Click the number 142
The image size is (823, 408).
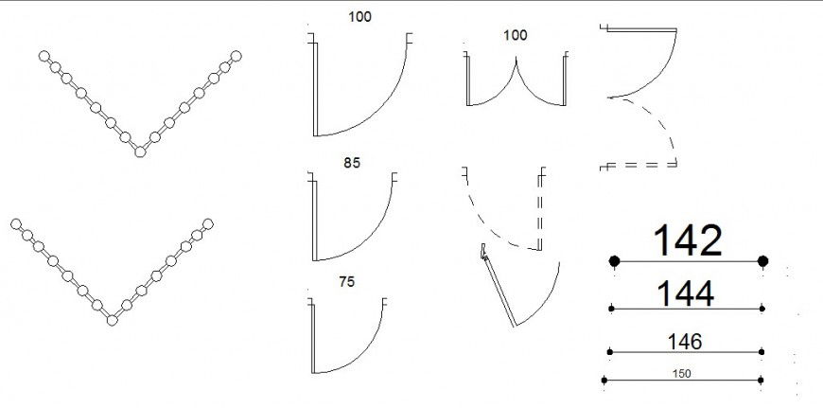(688, 241)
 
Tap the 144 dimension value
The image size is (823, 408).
(686, 293)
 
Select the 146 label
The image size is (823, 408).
(685, 342)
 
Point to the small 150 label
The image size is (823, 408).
(681, 374)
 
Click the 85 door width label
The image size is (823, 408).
(352, 164)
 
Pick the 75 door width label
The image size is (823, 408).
(347, 282)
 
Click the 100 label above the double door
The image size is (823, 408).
(515, 35)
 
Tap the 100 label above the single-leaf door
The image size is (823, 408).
(359, 17)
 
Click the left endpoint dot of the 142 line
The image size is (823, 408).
(615, 261)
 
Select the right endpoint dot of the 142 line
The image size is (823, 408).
(763, 261)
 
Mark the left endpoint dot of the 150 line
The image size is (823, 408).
(604, 380)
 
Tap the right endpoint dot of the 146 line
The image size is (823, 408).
(762, 352)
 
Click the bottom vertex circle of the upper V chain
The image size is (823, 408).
(140, 151)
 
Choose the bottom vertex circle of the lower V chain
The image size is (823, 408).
(112, 320)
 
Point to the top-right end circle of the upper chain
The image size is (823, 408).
(236, 56)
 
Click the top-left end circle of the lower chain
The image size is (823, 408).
(16, 224)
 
